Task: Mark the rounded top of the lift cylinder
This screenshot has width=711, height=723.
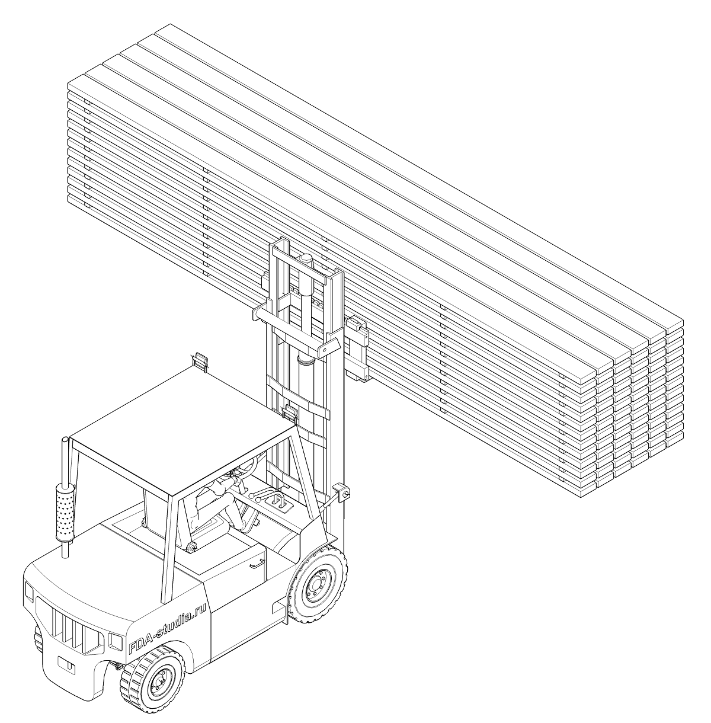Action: point(305,258)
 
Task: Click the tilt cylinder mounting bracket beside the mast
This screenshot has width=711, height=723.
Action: point(341,492)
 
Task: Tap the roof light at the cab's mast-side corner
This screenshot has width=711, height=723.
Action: point(289,412)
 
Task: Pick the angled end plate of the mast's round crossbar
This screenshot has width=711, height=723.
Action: point(329,347)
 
